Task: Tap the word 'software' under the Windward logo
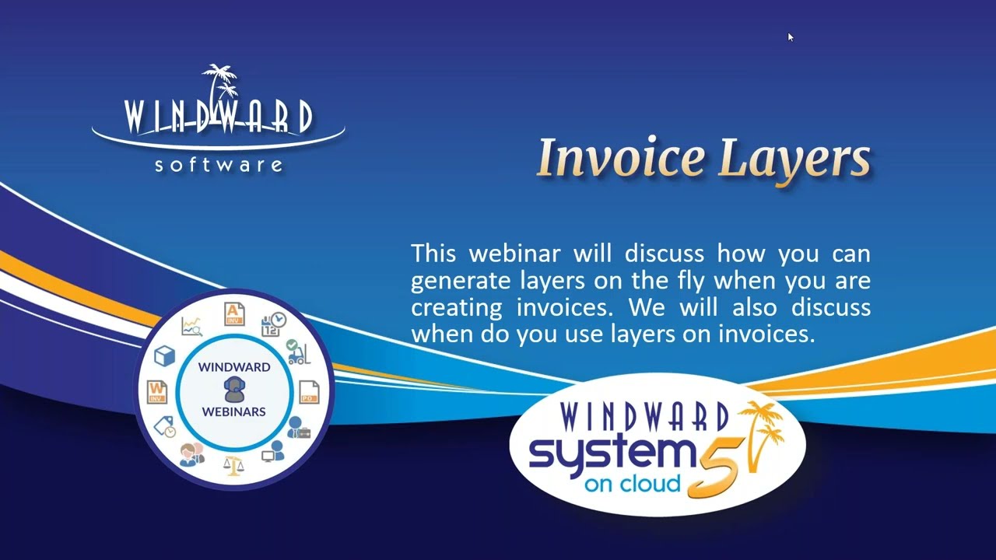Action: (x=219, y=164)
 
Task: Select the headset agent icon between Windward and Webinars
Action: (x=233, y=388)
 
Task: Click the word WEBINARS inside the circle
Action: (x=233, y=411)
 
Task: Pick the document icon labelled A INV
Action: (x=233, y=313)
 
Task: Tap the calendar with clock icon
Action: (x=274, y=324)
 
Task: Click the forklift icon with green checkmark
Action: (x=297, y=352)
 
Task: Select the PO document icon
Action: (x=308, y=391)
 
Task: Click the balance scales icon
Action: (x=233, y=465)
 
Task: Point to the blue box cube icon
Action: (x=165, y=356)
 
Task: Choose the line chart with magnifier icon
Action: (x=191, y=326)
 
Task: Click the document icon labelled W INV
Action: (x=157, y=391)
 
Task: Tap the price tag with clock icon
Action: (x=165, y=427)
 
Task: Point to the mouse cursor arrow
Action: (x=790, y=37)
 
